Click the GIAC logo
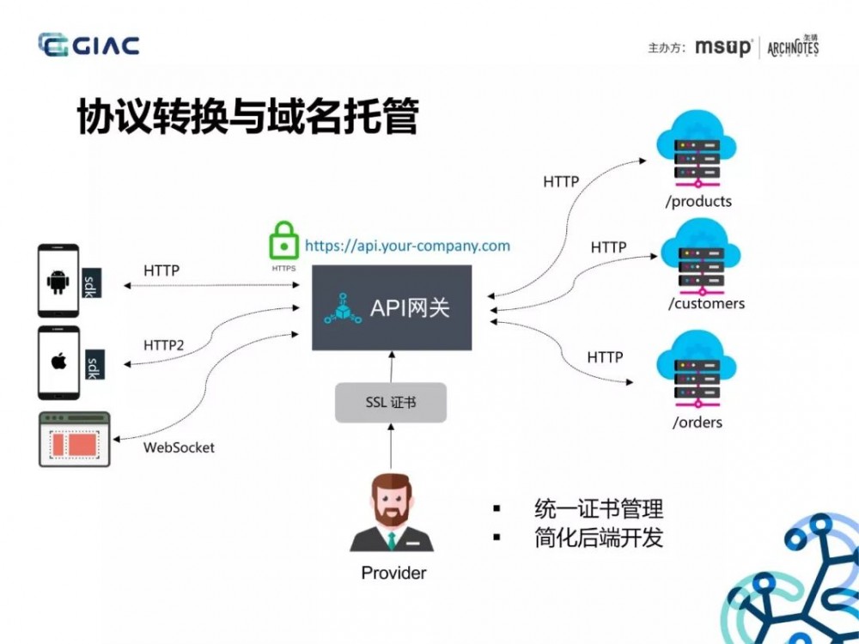pos(88,46)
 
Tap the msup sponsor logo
pos(722,47)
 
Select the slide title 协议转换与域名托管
pos(247,118)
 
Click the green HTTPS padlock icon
pos(283,242)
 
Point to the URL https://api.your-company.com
pos(407,246)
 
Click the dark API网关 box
pos(391,307)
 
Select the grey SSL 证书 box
pos(391,402)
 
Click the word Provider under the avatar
pos(393,573)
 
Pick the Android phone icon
pos(58,281)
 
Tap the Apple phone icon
pos(58,361)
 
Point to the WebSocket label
pos(179,447)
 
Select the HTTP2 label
pos(163,345)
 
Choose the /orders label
pos(697,422)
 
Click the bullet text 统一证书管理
pos(599,508)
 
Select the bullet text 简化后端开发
pos(599,538)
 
